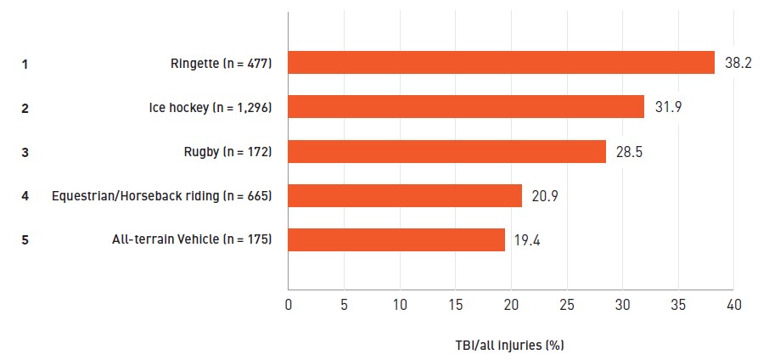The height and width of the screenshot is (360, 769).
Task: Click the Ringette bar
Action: click(502, 62)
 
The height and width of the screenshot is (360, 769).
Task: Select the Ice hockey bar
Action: click(466, 106)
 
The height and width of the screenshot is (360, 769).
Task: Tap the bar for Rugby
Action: click(446, 151)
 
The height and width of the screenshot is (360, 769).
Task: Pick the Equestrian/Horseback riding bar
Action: click(405, 195)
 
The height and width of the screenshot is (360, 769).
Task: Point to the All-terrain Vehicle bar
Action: click(396, 239)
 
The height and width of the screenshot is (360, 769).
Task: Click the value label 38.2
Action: click(738, 64)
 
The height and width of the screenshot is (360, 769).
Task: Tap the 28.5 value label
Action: click(629, 152)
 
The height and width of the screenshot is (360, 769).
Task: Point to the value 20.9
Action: click(545, 196)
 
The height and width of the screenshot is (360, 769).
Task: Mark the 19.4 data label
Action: click(527, 241)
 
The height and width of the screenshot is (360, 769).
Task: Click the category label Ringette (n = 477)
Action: click(222, 64)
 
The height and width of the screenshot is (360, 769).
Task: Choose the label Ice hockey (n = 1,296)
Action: click(210, 108)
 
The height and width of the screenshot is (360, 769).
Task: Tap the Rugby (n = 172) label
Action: click(228, 152)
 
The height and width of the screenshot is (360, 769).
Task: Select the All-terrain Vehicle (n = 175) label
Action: click(192, 239)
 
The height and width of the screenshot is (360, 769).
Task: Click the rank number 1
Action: click(25, 65)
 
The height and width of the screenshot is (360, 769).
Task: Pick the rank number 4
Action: click(25, 196)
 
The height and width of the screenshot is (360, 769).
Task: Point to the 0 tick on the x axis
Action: click(289, 305)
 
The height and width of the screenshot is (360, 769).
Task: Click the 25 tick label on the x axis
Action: click(567, 305)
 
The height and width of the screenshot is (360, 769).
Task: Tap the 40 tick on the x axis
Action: click(733, 305)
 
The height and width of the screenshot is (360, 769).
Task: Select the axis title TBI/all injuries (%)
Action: click(509, 346)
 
